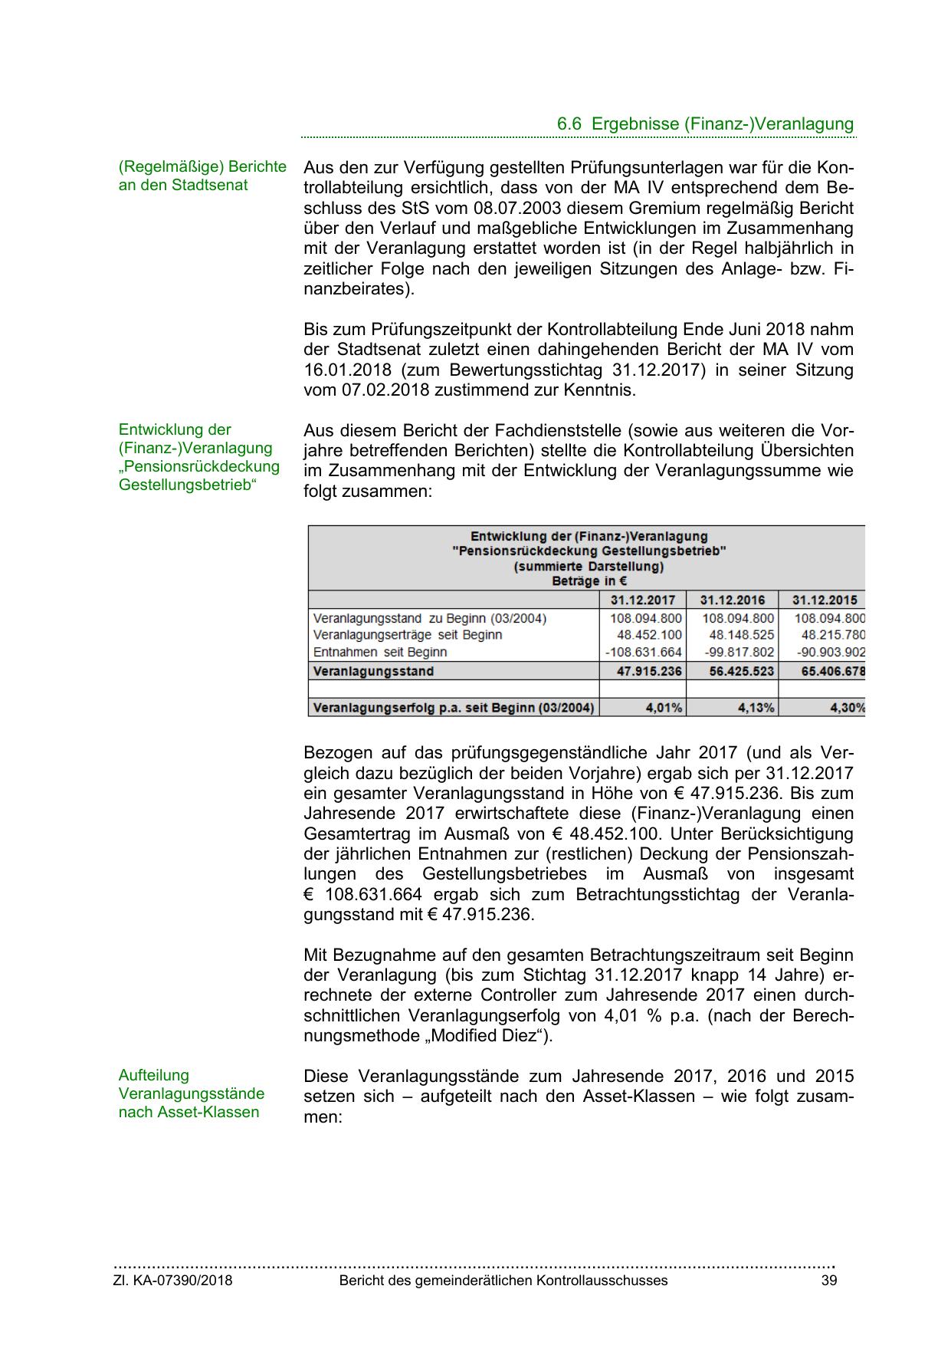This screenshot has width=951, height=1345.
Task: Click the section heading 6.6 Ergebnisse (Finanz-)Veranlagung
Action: point(705,124)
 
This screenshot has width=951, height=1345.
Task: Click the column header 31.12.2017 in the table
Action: point(643,600)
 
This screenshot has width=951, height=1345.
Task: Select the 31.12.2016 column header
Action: point(733,600)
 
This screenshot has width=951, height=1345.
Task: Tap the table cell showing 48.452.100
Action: point(649,635)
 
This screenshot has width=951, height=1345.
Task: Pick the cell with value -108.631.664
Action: point(644,653)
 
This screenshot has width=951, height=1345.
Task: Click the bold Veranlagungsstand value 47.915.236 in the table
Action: point(649,672)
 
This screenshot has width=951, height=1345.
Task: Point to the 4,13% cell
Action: point(756,708)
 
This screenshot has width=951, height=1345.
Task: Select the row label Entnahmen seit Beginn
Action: point(380,653)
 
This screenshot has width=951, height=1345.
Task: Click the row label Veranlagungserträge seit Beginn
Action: point(408,635)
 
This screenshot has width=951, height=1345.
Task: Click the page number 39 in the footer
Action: point(829,1281)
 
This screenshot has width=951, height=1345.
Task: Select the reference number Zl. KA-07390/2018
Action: point(173,1281)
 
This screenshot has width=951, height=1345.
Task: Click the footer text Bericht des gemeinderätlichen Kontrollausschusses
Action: point(503,1281)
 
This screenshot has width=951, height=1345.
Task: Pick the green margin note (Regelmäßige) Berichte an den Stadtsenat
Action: point(202,176)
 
